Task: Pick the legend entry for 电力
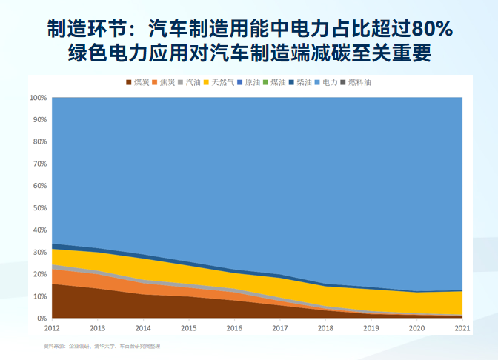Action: point(330,82)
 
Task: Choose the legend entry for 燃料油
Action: point(359,82)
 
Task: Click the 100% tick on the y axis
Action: point(39,98)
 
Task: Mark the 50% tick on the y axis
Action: point(40,208)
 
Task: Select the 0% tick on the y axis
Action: point(42,319)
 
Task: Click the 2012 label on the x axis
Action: point(52,327)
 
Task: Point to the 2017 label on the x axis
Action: point(280,327)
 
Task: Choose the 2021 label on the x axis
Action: point(462,327)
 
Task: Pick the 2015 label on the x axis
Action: point(189,327)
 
